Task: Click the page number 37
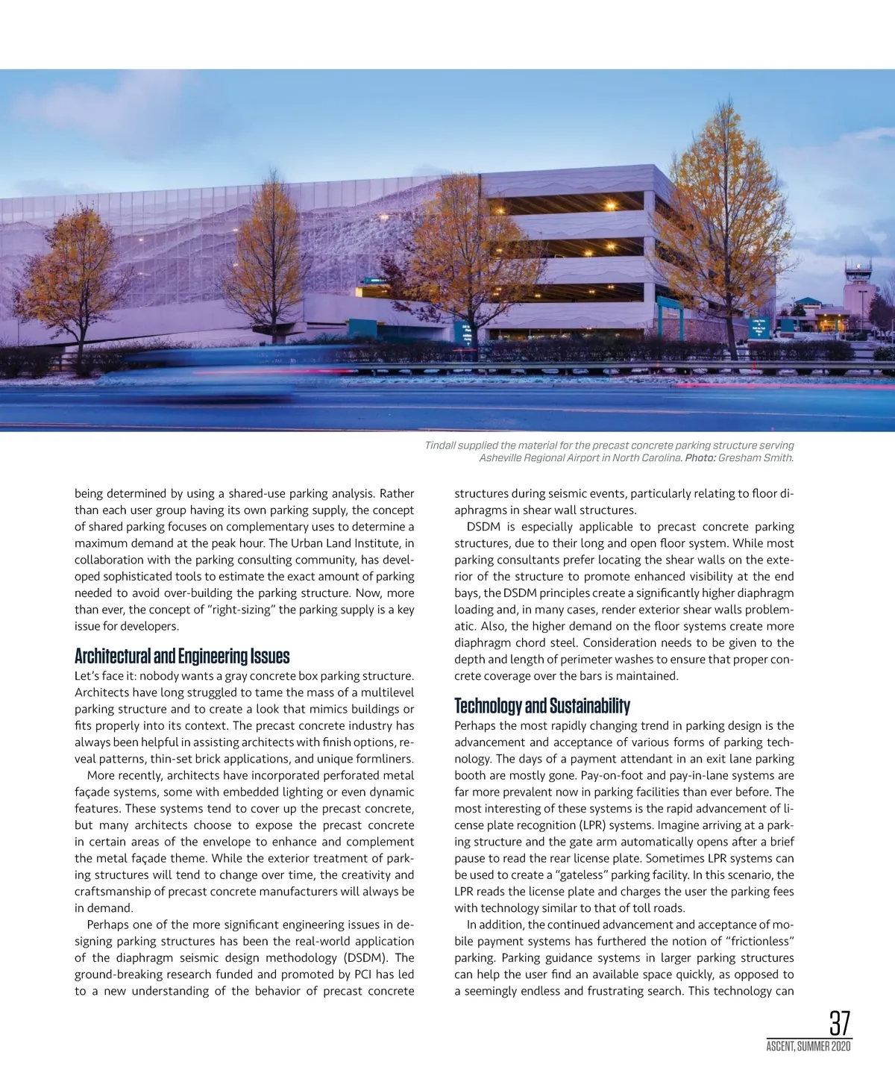pyautogui.click(x=840, y=1023)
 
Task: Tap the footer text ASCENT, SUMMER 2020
pyautogui.click(x=808, y=1047)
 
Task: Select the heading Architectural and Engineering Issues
pyautogui.click(x=182, y=657)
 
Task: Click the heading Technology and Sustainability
pyautogui.click(x=542, y=706)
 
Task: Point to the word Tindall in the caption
pyautogui.click(x=442, y=445)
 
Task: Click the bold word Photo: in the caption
pyautogui.click(x=700, y=457)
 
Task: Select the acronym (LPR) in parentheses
pyautogui.click(x=599, y=825)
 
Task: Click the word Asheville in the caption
pyautogui.click(x=503, y=457)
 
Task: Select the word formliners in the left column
pyautogui.click(x=385, y=759)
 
